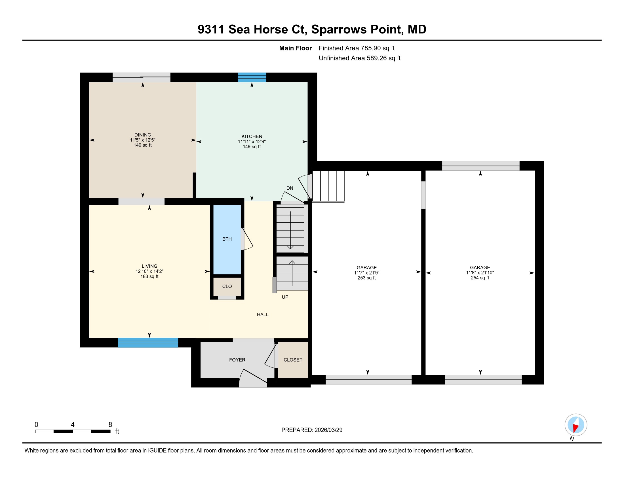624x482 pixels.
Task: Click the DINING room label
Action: tap(143, 135)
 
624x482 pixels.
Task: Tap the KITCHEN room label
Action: tap(252, 136)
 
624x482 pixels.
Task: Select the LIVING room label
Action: tap(149, 266)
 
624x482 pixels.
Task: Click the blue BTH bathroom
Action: tap(227, 239)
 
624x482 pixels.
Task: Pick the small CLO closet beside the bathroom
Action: tap(227, 286)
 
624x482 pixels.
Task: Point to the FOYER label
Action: tap(237, 360)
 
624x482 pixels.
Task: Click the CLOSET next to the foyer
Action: tap(293, 360)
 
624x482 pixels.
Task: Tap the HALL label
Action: tap(263, 314)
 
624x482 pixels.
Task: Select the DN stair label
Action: tap(290, 188)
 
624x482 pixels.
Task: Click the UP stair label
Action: tap(285, 297)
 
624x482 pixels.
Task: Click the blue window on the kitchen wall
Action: tap(252, 77)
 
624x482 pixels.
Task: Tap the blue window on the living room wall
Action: tap(148, 343)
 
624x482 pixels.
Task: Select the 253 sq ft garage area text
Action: tap(366, 278)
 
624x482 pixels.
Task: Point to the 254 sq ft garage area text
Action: tap(480, 278)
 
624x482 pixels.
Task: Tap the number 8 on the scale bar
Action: tap(110, 425)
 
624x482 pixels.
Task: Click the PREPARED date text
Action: tap(312, 430)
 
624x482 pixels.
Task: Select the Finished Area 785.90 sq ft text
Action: tap(357, 48)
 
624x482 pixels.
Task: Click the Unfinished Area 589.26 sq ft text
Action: tap(359, 58)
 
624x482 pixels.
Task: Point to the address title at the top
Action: tap(312, 29)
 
